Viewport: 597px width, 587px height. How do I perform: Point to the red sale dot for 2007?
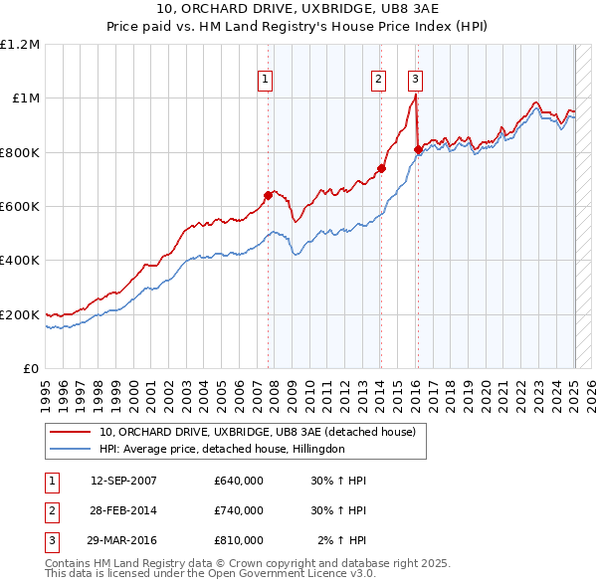tap(268, 196)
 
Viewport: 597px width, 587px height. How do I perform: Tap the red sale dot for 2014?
tap(381, 169)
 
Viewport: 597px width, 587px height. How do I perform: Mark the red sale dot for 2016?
tap(418, 150)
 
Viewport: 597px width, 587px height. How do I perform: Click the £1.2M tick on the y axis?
tap(20, 45)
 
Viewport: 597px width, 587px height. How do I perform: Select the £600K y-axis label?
tap(20, 207)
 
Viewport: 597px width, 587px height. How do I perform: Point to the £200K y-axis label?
tap(20, 314)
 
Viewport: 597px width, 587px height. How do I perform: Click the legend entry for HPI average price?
tap(221, 449)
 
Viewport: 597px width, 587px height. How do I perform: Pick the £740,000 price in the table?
tap(239, 510)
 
